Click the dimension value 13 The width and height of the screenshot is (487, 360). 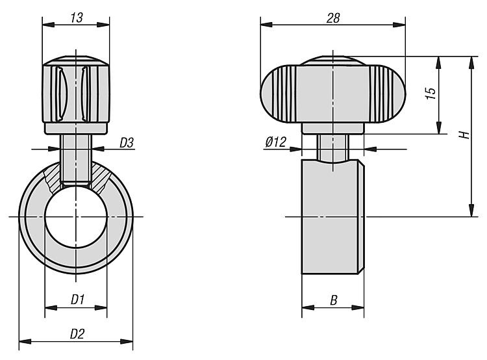tap(77, 18)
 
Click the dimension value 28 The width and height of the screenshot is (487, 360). tap(333, 18)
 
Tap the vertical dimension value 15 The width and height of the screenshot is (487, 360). tap(431, 94)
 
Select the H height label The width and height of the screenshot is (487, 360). tap(465, 135)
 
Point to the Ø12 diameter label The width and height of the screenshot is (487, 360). tap(276, 142)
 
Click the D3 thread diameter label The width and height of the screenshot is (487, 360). tap(127, 143)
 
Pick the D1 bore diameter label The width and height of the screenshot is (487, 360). tap(78, 300)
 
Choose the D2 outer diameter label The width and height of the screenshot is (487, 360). tap(77, 334)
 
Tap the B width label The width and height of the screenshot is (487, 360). tap(333, 300)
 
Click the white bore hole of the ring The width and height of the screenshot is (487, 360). tap(76, 216)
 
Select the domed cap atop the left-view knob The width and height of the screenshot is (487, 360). tap(76, 60)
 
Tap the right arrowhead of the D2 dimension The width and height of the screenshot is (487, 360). tap(127, 342)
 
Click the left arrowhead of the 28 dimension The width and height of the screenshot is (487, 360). tap(266, 25)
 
